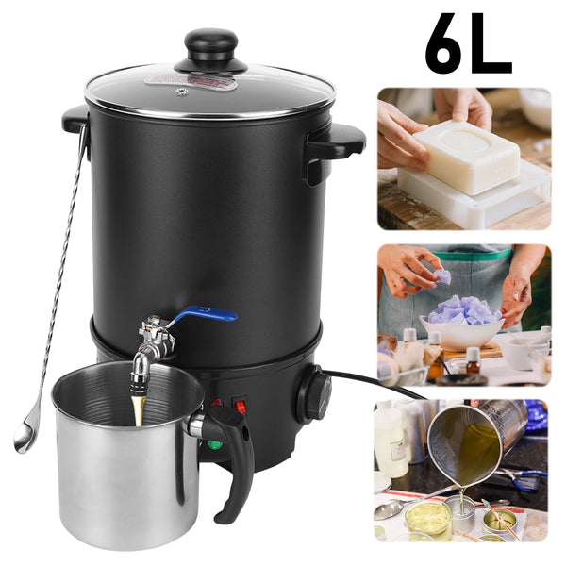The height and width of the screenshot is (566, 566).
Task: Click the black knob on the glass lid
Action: tap(210, 50)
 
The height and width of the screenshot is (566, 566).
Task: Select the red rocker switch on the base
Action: tap(241, 406)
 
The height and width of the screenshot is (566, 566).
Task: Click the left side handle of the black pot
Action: tap(75, 119)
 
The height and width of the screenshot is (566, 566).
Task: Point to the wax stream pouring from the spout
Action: tap(139, 410)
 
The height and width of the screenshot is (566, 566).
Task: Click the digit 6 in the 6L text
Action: tap(448, 42)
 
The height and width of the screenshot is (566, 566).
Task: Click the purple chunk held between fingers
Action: tap(442, 276)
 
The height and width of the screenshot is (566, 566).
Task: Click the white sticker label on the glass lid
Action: tap(191, 81)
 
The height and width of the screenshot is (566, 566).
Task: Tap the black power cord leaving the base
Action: tap(375, 383)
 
